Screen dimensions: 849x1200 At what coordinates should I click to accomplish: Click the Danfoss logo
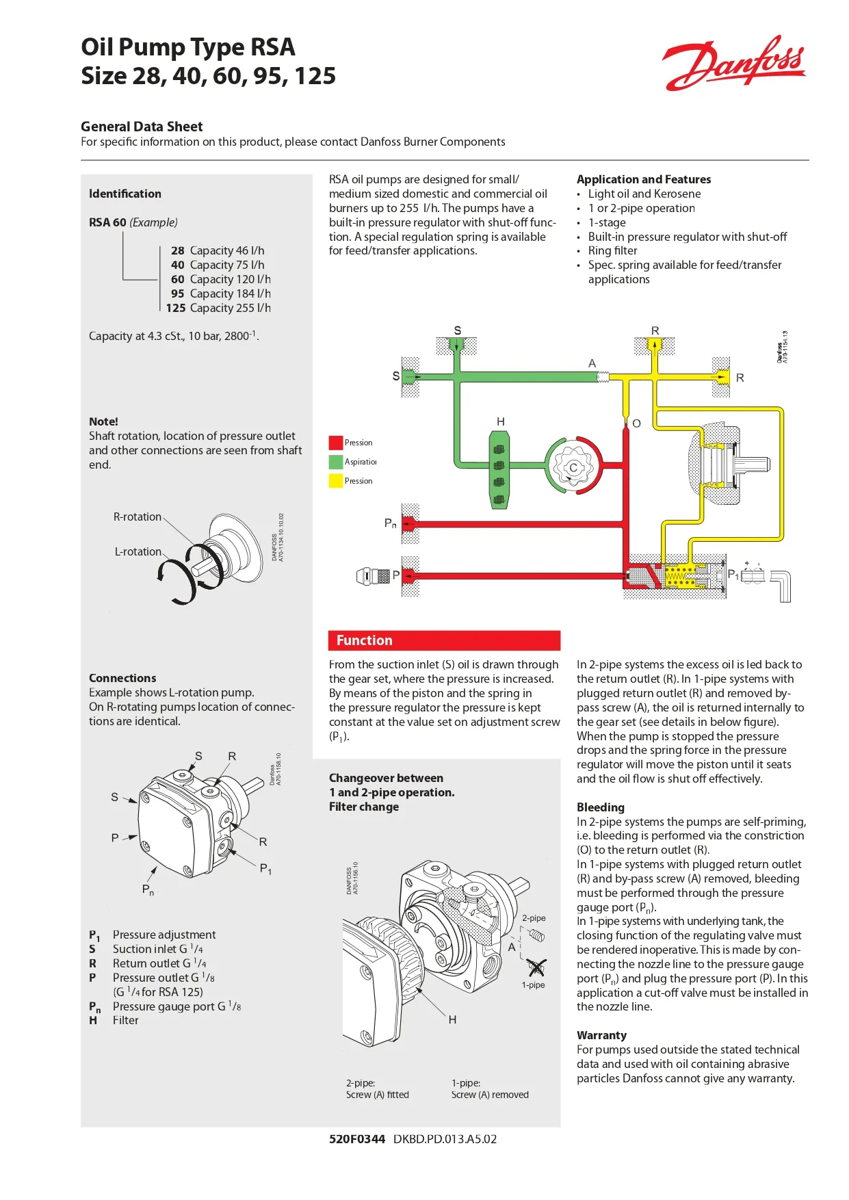coord(734,64)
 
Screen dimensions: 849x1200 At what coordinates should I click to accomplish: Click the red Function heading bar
coord(444,640)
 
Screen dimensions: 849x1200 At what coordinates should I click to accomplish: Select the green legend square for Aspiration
coord(335,462)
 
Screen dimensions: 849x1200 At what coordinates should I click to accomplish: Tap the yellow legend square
coord(335,481)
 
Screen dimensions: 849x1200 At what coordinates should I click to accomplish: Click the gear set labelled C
coord(574,467)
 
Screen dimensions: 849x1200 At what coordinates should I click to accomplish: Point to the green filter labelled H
coord(499,469)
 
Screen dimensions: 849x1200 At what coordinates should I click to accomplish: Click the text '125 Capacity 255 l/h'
coord(218,308)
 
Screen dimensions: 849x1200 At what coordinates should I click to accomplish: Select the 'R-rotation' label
coord(138,517)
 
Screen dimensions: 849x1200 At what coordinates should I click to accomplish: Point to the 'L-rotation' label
coord(138,551)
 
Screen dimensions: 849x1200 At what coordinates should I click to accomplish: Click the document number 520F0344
coord(357,1139)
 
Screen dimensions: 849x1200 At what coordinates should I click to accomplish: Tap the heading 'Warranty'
coord(601,1035)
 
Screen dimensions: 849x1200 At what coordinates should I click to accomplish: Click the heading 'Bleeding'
coord(601,807)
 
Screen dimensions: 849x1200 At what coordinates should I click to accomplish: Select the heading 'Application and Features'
coord(644,179)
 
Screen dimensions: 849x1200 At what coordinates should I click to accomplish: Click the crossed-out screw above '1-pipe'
coord(537,967)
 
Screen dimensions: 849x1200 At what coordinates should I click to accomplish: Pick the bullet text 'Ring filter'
coord(613,250)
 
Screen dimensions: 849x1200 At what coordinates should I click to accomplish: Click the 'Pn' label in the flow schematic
coord(390,523)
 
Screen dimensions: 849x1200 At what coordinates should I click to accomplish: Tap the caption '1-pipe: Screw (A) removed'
coord(490,1088)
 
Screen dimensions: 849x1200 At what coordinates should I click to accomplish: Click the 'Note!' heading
coord(103,421)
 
